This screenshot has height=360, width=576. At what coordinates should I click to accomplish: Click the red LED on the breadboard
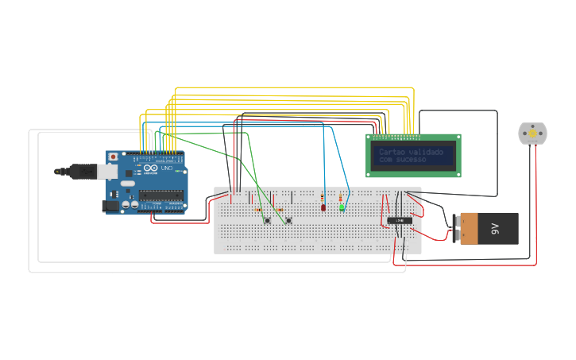click(x=323, y=207)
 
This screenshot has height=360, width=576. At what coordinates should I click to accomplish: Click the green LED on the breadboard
click(x=342, y=207)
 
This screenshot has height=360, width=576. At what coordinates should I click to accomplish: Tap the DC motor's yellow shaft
click(x=531, y=134)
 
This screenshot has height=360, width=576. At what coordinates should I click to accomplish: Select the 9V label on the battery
click(x=494, y=228)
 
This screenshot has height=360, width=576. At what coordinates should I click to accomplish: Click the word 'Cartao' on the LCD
click(x=392, y=152)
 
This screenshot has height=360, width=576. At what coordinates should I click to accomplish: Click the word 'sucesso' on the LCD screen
click(x=412, y=161)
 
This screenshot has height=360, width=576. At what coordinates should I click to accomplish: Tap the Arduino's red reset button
click(x=114, y=157)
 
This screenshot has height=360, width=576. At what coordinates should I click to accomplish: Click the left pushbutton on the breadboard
click(x=268, y=220)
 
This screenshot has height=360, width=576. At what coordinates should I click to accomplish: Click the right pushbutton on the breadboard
click(x=288, y=220)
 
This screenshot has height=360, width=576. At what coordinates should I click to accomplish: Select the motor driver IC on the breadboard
click(x=400, y=220)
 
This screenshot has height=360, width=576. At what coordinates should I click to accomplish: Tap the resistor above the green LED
click(x=342, y=197)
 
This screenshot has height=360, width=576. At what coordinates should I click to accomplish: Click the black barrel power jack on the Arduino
click(x=111, y=206)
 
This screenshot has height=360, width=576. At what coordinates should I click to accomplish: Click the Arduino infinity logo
click(x=151, y=170)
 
